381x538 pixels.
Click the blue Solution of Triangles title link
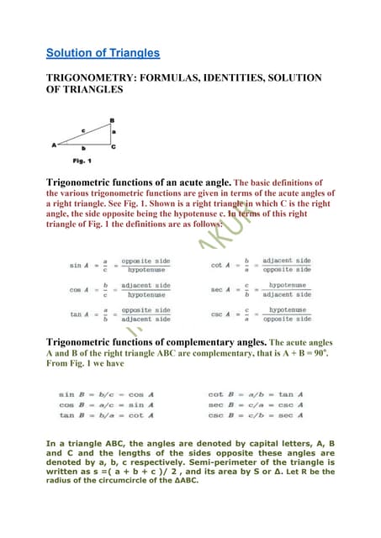[x=103, y=54]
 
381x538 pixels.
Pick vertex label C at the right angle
[x=114, y=147]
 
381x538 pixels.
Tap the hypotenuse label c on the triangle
[x=83, y=129]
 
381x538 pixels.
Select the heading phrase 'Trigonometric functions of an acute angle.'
[x=138, y=181]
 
